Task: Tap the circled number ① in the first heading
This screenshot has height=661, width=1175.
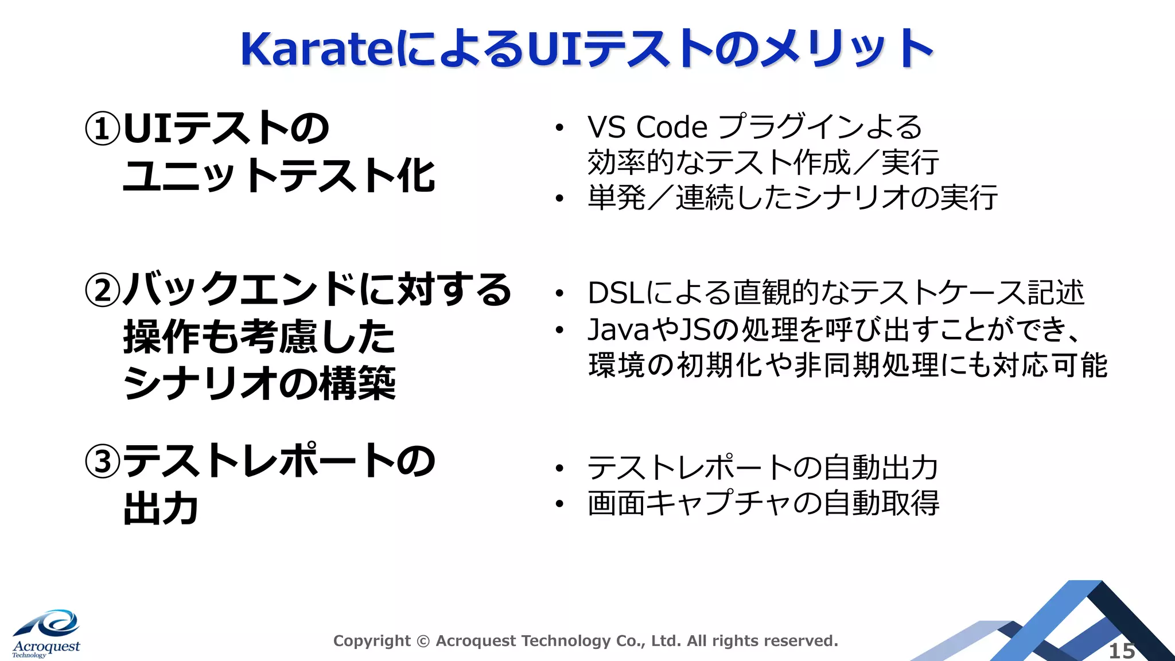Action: (x=103, y=128)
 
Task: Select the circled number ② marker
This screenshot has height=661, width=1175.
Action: (x=103, y=290)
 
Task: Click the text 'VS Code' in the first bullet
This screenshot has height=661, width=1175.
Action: (x=647, y=127)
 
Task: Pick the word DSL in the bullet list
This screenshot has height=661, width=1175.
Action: (x=616, y=293)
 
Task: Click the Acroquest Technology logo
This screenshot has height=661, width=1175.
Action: (x=46, y=634)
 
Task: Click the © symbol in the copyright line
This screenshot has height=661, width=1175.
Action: (x=423, y=641)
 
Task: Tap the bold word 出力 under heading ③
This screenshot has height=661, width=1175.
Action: (x=161, y=509)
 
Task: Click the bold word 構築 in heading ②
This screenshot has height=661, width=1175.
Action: (x=357, y=383)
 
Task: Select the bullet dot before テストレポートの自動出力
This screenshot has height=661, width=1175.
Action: (x=560, y=469)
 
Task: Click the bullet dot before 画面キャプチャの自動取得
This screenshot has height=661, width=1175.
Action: (x=560, y=504)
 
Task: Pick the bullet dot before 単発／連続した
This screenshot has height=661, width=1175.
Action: (x=560, y=199)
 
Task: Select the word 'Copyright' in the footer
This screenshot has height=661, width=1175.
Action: (x=372, y=641)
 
